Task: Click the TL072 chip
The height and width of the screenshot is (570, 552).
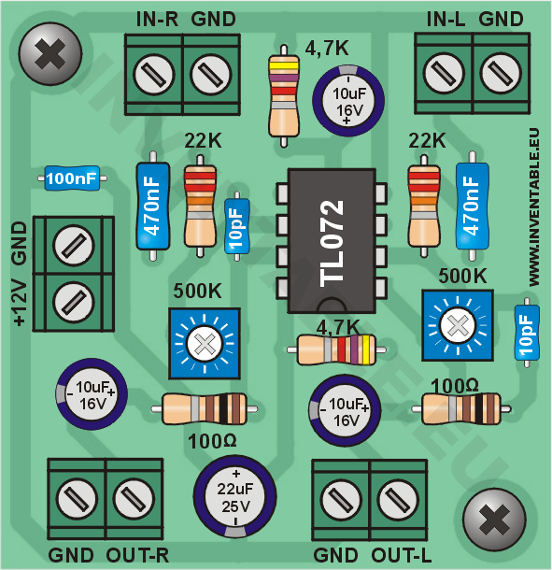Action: [x=332, y=241]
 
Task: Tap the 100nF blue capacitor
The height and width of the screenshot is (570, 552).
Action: [x=72, y=178]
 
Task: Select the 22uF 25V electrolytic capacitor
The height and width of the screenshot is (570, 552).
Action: [x=234, y=496]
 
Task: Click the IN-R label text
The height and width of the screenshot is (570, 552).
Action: [x=157, y=20]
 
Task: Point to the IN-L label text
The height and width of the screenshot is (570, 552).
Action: [x=446, y=20]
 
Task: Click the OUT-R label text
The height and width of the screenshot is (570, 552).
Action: [x=137, y=555]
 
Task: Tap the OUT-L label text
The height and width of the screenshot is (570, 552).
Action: [x=402, y=555]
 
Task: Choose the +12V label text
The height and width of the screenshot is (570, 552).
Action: [x=20, y=303]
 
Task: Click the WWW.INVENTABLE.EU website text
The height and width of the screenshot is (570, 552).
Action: [x=533, y=207]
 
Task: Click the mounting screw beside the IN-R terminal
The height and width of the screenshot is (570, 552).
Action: [x=50, y=54]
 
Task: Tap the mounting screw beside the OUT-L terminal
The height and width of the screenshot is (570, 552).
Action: [x=494, y=520]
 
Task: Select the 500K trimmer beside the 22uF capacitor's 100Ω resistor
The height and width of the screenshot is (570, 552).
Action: [x=205, y=344]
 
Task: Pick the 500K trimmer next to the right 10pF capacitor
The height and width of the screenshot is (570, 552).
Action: [x=457, y=325]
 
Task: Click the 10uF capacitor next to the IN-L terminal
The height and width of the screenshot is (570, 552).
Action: [x=348, y=100]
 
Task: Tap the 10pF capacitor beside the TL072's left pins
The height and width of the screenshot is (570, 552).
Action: [x=237, y=226]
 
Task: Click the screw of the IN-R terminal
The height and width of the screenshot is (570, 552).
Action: [x=153, y=75]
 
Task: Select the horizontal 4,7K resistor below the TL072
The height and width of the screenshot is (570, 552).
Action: [x=336, y=349]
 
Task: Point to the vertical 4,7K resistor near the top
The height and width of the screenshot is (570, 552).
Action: [x=284, y=96]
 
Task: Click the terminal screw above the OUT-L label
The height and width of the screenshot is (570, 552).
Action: [x=398, y=499]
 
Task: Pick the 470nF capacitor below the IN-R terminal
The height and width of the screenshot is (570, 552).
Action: [x=153, y=207]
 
